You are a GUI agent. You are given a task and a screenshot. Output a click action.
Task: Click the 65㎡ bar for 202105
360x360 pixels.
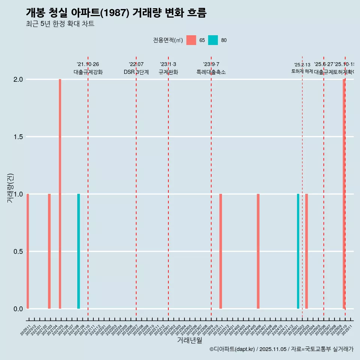coord(60,194)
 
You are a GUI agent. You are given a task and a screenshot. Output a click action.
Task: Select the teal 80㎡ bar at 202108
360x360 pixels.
coord(78,251)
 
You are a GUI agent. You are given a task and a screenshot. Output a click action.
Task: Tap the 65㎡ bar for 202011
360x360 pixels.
coord(28,251)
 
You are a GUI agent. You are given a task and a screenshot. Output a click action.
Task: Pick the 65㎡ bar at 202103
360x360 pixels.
coord(49,251)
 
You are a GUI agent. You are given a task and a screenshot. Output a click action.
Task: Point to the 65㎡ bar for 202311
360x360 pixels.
coord(220,251)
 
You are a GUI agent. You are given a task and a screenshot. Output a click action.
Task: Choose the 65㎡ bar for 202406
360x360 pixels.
coord(258,251)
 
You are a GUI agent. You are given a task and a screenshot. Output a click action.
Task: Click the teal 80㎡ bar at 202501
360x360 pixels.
coord(298,251)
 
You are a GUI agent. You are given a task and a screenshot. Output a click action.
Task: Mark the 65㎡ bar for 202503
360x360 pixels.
coord(306,251)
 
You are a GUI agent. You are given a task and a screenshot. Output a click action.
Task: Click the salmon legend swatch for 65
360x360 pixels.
coord(191,40)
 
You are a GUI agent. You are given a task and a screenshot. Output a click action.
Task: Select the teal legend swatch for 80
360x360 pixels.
coord(213,40)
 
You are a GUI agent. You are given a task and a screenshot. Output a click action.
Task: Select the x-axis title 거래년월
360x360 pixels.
coord(189,340)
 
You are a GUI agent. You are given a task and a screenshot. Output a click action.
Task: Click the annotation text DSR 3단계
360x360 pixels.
coord(136,72)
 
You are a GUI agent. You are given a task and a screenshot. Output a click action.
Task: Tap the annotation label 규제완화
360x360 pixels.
coord(168,72)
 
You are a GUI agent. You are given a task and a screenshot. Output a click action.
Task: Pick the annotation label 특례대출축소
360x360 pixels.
coord(211,72)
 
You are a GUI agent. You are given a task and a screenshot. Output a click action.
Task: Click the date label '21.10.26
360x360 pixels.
coord(88,64)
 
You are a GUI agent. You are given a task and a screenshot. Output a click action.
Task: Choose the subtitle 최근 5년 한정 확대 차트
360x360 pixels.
coord(60,24)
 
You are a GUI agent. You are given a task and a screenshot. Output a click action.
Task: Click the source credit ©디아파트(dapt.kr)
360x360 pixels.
coord(232,349)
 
